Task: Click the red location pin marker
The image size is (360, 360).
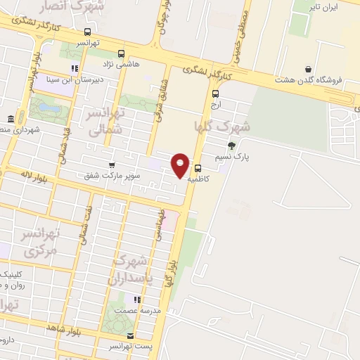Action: tap(181, 165)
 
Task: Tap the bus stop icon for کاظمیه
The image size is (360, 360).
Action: tap(198, 168)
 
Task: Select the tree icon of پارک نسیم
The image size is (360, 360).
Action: tap(232, 146)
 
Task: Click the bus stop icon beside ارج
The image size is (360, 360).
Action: tap(215, 93)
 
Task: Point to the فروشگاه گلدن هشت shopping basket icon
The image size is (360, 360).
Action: tap(309, 68)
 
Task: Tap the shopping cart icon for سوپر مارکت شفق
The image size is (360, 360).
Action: tap(112, 165)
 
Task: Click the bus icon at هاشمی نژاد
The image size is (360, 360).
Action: tap(122, 53)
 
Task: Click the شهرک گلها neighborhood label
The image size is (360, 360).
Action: tap(221, 127)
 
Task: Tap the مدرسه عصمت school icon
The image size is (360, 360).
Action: tap(138, 300)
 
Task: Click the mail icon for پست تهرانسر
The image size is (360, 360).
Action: tap(131, 336)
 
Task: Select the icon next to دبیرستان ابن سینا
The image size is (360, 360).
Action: tap(74, 68)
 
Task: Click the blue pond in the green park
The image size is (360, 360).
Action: tap(46, 108)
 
